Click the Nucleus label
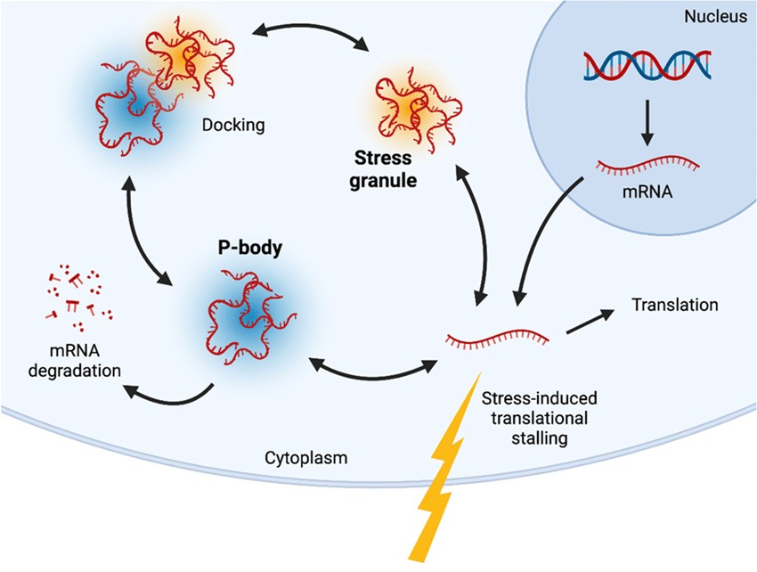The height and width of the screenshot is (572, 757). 714,17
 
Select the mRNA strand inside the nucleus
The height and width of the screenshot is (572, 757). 647,164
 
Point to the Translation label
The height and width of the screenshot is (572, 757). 674,305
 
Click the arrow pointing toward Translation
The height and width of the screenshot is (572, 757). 590,321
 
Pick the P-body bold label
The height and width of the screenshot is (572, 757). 250,249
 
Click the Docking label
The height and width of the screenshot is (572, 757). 233,125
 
